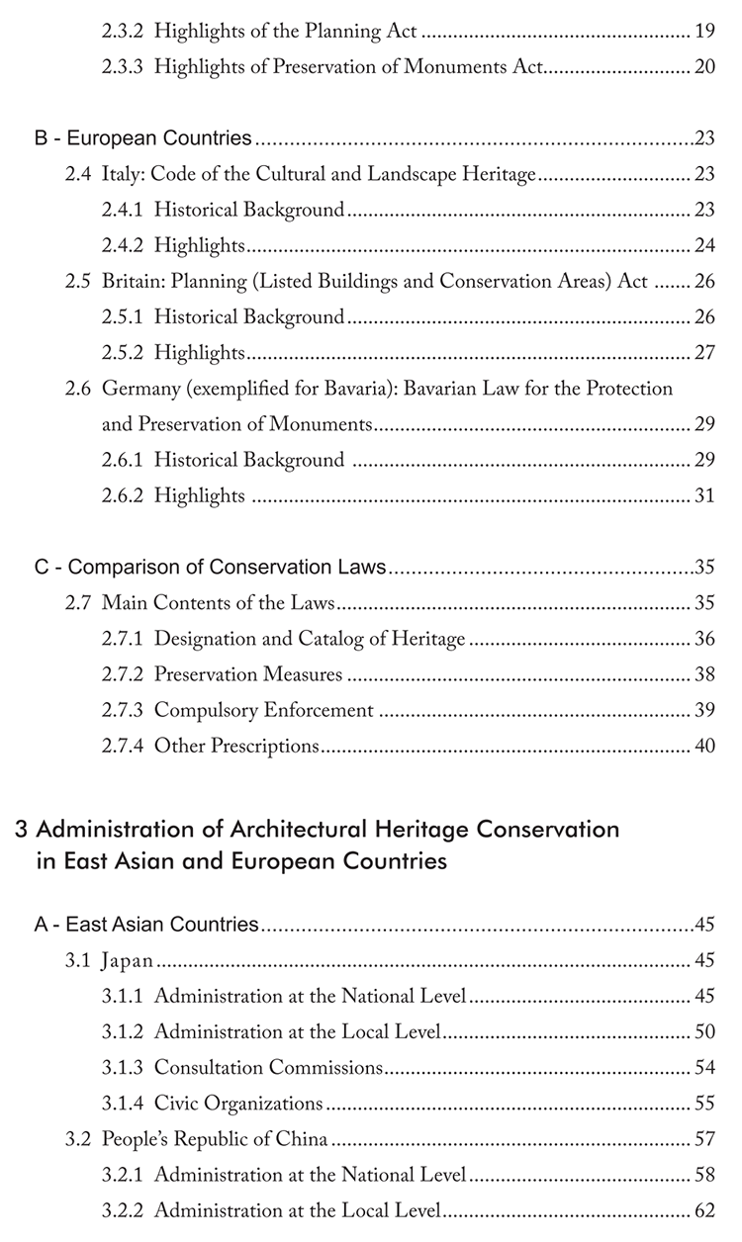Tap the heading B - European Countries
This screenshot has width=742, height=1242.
tap(143, 139)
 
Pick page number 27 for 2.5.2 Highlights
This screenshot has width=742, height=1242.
tap(704, 353)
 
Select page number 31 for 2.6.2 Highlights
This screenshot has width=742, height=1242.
tap(704, 495)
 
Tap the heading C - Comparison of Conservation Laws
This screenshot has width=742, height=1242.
tap(210, 568)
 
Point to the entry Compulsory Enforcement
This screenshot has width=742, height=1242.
tap(264, 710)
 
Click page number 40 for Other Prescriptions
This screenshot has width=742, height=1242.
tap(704, 746)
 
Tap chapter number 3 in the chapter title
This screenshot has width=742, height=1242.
tap(22, 829)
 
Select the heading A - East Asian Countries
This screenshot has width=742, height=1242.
tap(146, 925)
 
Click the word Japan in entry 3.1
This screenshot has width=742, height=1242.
tap(128, 960)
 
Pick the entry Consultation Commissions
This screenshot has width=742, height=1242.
tap(268, 1067)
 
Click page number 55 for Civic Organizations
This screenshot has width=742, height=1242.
tap(704, 1103)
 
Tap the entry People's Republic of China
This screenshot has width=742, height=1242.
tap(215, 1138)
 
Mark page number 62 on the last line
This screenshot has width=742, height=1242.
tap(704, 1209)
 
